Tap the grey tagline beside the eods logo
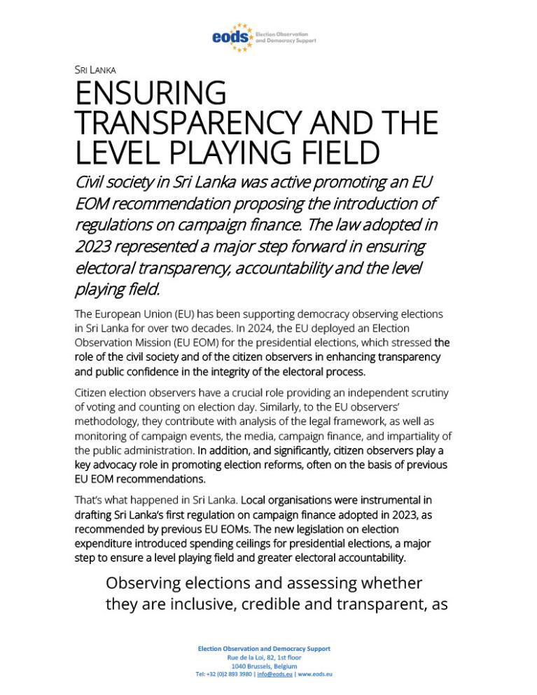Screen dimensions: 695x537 (x=286, y=37)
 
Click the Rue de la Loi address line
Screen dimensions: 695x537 (x=264, y=658)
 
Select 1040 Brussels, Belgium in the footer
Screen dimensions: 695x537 (x=264, y=666)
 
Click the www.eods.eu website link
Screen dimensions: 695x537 (x=315, y=675)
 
